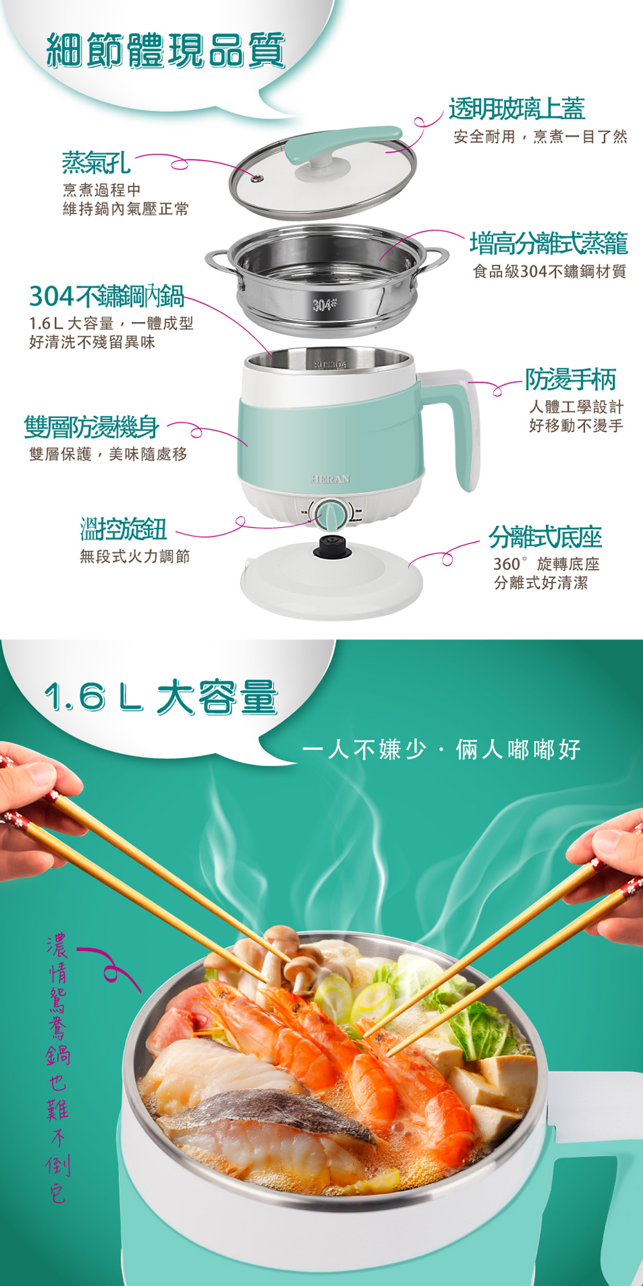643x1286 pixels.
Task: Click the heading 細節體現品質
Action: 166,51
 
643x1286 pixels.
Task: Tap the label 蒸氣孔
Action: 96,163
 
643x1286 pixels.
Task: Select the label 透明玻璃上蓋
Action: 517,109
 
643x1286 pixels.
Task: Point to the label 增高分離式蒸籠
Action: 548,243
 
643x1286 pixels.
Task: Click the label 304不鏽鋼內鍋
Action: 107,296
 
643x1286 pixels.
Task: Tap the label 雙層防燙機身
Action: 91,426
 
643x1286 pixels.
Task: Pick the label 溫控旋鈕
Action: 123,529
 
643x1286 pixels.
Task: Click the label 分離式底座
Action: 545,536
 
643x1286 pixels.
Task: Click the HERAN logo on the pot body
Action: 331,479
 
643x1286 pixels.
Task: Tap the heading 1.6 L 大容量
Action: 161,697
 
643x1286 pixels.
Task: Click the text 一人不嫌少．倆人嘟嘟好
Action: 441,749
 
